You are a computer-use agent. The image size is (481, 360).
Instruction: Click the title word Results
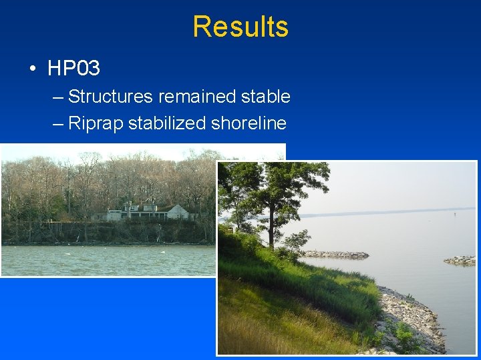pyautogui.click(x=240, y=27)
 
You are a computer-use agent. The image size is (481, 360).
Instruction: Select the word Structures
pyautogui.click(x=110, y=97)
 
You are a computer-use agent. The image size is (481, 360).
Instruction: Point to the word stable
pyautogui.click(x=265, y=97)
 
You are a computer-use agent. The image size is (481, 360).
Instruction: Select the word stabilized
pyautogui.click(x=167, y=123)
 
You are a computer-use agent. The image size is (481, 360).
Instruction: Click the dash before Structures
pyautogui.click(x=57, y=97)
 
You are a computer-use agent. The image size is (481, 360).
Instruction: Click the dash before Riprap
pyautogui.click(x=57, y=124)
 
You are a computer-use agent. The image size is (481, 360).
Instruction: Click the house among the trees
pyautogui.click(x=144, y=212)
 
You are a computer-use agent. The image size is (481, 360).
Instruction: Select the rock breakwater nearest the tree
pyautogui.click(x=334, y=255)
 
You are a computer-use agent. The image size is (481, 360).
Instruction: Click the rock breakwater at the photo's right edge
pyautogui.click(x=461, y=260)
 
